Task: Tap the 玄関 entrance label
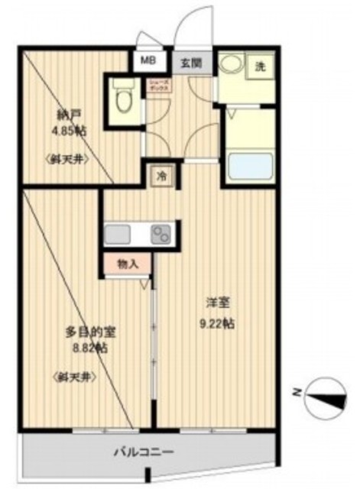pyautogui.click(x=191, y=64)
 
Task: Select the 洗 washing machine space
pyautogui.click(x=260, y=66)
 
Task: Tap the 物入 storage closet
pyautogui.click(x=127, y=264)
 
